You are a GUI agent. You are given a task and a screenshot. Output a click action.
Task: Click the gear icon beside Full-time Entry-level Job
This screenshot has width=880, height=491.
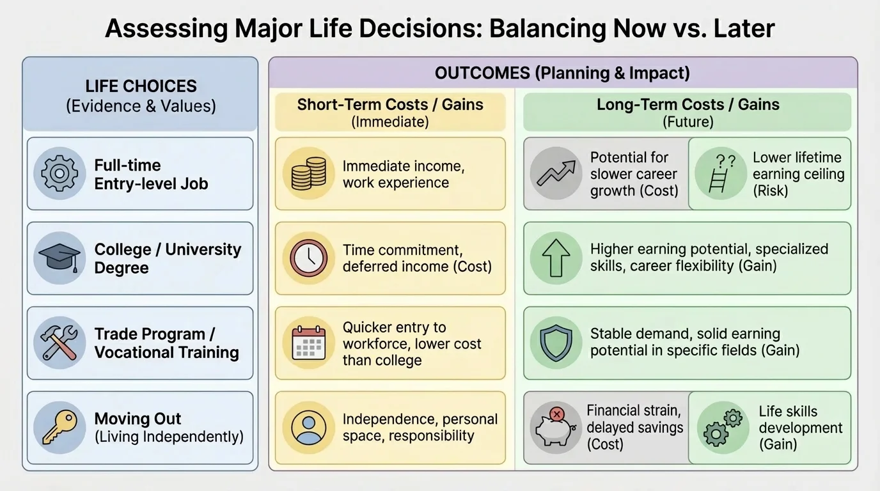coord(59,173)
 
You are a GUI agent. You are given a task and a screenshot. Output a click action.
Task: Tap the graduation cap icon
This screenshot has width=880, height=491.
coord(59,258)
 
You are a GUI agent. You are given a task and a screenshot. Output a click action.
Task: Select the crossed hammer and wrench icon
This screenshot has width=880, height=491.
coord(59,343)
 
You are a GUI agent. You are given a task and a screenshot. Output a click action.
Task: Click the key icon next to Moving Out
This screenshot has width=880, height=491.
coord(59,427)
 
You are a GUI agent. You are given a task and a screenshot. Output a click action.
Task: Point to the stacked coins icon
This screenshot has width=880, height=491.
coord(308,173)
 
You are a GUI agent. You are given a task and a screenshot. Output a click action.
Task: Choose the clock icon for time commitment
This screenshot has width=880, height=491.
coord(308,258)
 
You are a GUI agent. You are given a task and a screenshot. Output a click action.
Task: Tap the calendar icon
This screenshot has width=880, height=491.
coord(308,343)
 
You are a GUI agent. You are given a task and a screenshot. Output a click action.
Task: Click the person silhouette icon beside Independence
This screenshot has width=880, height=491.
coord(308,427)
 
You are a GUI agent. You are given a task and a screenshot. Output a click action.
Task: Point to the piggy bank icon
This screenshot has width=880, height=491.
coord(555,427)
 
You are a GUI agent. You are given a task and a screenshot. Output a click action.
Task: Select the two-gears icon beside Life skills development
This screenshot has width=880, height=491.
coord(722,427)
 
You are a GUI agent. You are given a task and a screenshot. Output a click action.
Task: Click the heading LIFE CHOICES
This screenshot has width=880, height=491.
coord(141,86)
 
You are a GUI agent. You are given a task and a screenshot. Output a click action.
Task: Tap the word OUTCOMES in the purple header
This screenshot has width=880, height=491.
coord(482,73)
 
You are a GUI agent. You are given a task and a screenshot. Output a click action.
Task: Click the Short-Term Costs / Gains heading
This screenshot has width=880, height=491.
coord(390,105)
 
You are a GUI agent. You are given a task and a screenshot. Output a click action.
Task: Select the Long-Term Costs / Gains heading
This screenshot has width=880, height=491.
coord(687,105)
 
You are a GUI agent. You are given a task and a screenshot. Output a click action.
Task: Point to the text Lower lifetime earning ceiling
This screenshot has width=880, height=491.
coord(798,174)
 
